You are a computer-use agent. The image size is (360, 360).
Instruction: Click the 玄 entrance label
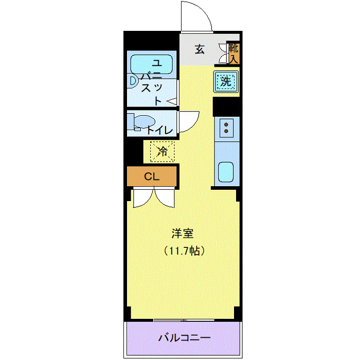tap(200, 50)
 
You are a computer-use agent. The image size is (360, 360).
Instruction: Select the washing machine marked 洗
tap(226, 81)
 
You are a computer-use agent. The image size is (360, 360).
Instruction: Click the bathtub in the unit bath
tap(152, 64)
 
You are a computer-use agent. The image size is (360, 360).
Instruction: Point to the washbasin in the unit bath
tap(133, 81)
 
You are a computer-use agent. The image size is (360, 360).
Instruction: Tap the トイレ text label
tap(160, 130)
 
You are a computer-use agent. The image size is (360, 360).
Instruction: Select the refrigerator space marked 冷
tap(162, 151)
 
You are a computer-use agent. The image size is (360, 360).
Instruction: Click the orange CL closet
tap(152, 177)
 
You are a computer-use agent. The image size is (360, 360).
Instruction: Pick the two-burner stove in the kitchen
tap(226, 127)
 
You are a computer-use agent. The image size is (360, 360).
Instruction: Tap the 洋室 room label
tap(183, 233)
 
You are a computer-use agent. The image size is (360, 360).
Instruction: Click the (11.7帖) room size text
tap(185, 251)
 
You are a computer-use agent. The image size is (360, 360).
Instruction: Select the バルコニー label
tap(184, 338)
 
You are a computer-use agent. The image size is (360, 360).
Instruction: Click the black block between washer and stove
tap(226, 106)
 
